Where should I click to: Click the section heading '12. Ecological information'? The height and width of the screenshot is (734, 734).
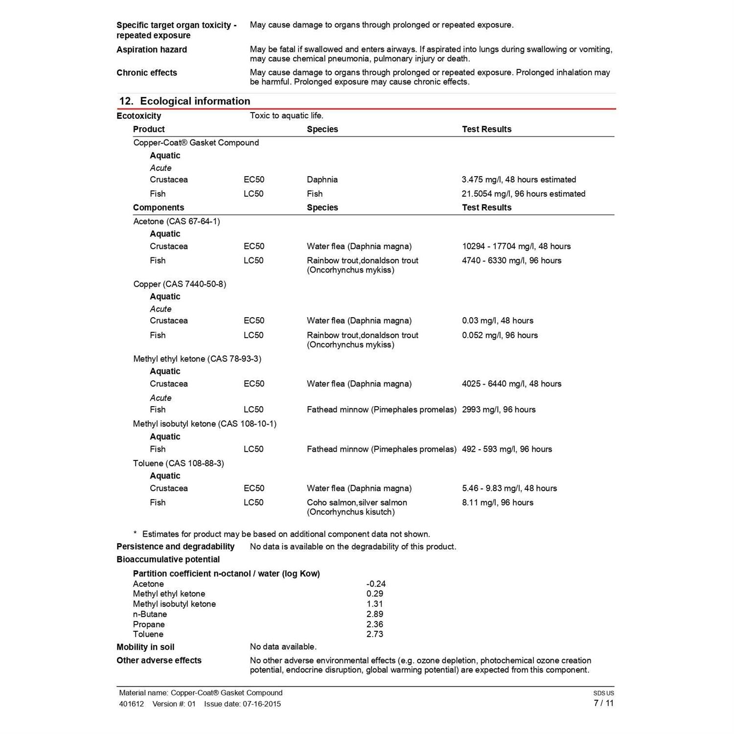(184, 101)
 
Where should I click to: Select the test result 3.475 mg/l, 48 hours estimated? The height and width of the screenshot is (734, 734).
(519, 180)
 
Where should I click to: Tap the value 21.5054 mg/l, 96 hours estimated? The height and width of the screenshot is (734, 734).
(523, 194)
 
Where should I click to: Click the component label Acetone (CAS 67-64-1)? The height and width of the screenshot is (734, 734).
(177, 221)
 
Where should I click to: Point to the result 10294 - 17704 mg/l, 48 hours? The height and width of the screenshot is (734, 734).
(516, 246)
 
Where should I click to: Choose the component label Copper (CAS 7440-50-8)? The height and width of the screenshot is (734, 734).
(180, 284)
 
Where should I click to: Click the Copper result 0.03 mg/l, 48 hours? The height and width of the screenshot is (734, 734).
(498, 321)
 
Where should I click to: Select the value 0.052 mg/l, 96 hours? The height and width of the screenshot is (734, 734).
(500, 335)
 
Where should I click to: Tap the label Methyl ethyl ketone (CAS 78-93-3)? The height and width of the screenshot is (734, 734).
(197, 359)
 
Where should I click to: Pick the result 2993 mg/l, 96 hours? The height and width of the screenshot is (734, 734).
(499, 410)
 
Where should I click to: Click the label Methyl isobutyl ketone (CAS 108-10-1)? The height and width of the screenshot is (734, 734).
(205, 424)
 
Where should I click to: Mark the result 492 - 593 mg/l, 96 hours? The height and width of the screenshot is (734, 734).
(507, 449)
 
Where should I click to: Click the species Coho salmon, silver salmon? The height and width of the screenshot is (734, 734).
(357, 503)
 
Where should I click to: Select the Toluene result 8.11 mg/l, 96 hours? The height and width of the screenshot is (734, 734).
(498, 503)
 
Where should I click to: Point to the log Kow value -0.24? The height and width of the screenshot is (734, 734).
(376, 584)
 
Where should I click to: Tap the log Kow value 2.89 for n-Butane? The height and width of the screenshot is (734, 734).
(375, 614)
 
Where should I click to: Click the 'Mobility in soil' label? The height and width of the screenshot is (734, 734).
(145, 647)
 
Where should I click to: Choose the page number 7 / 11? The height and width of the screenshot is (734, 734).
(603, 703)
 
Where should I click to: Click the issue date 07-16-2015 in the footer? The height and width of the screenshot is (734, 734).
(262, 704)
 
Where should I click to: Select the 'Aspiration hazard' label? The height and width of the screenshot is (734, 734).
(152, 49)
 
